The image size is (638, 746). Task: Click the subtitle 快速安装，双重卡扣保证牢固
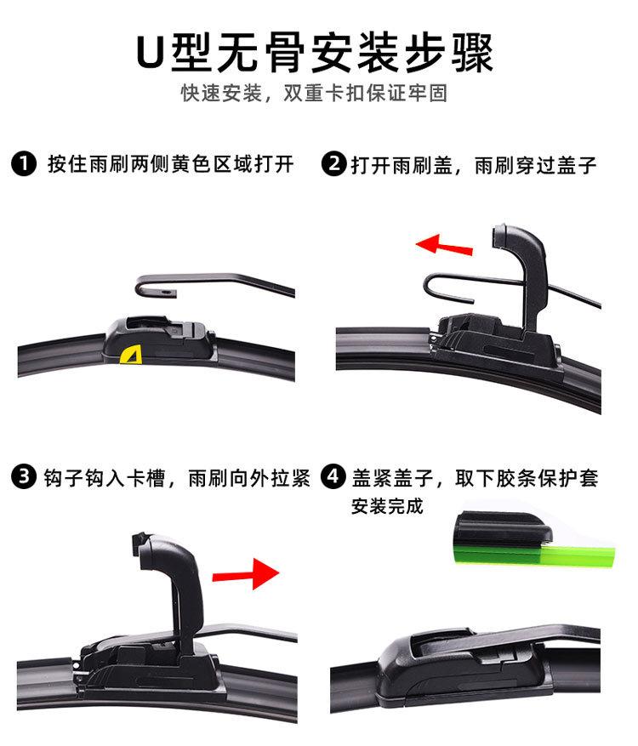(314, 94)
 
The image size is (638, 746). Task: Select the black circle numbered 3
(25, 477)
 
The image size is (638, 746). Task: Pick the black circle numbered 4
(333, 477)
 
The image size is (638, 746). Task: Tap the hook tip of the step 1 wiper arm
(167, 293)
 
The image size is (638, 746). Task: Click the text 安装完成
(387, 507)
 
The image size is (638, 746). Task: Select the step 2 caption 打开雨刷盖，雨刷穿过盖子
(474, 164)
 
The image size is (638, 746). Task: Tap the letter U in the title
(152, 53)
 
